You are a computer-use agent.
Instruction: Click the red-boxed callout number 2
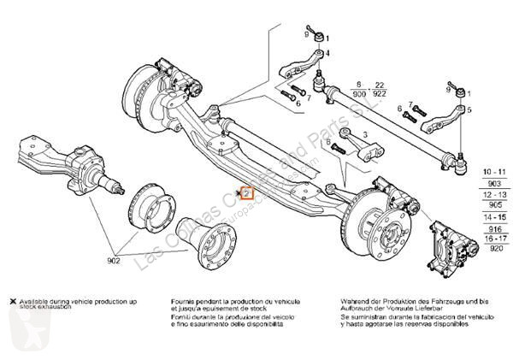[x=246, y=194]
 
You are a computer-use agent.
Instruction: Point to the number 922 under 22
[x=380, y=93]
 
